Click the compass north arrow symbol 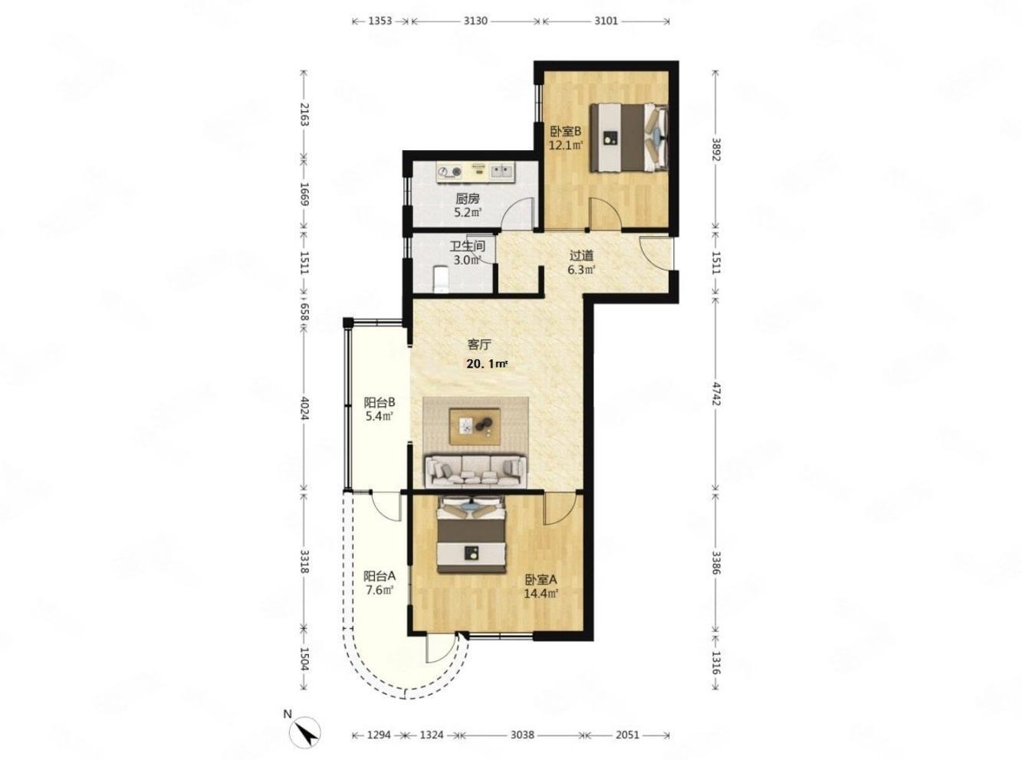click(304, 732)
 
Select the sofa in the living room click(475, 470)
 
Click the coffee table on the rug click(475, 427)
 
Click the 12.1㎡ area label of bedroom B click(565, 146)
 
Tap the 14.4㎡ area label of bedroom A click(541, 593)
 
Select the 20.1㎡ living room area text click(487, 364)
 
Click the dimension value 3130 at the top click(475, 21)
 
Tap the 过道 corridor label click(581, 255)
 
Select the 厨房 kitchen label click(467, 198)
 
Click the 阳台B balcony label click(380, 402)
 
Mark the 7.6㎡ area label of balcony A click(380, 590)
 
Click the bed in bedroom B click(629, 138)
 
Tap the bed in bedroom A click(472, 535)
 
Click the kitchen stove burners click(127, 172)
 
